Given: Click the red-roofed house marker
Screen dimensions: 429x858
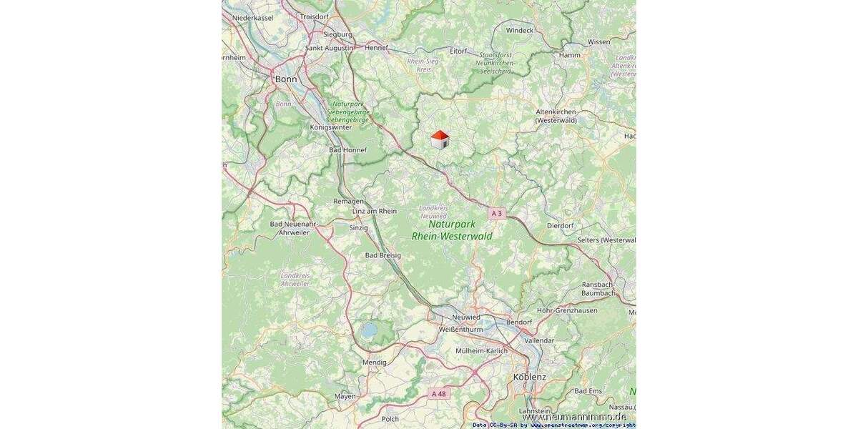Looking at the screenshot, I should pos(440,139).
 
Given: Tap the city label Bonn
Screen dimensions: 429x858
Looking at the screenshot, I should pos(286,79).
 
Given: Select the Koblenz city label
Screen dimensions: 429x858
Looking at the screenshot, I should pos(529,377).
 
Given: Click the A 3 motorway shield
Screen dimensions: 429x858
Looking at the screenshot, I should pos(497,214).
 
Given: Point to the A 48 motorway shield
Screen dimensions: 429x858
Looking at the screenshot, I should pos(439,393).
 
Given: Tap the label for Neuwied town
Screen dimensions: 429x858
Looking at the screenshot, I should pos(465,317).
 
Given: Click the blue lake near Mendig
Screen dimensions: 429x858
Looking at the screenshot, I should pos(369,330).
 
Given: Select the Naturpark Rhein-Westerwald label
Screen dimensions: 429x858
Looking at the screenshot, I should pos(452,230).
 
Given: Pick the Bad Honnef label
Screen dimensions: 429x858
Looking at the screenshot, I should pos(347,150).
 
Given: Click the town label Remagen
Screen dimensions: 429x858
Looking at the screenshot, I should pos(348,202).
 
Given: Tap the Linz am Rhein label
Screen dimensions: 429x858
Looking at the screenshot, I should pos(375,211).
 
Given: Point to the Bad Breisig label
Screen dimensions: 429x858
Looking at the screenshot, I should pos(383,255).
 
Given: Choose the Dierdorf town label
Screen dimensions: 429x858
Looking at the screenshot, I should pos(560,225).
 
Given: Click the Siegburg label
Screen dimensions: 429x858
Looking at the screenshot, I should pos(337,34).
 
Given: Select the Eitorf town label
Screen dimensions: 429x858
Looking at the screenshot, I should pos(458,51).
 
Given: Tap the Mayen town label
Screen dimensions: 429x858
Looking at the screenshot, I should pos(345,396).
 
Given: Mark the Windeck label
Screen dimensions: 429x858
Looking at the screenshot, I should pos(520,31).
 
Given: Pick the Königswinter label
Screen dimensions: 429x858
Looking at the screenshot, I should pos(331,127).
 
